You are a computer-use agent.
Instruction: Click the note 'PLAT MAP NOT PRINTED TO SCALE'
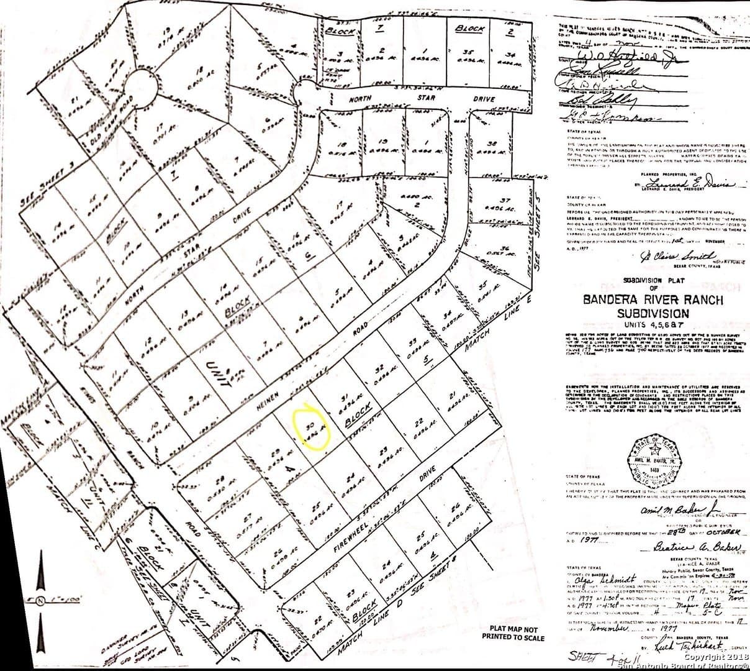(x=513, y=634)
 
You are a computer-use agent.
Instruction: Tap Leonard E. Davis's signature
(x=689, y=184)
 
